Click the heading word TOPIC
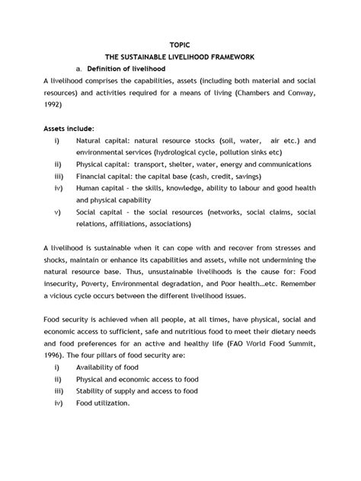(x=180, y=45)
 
